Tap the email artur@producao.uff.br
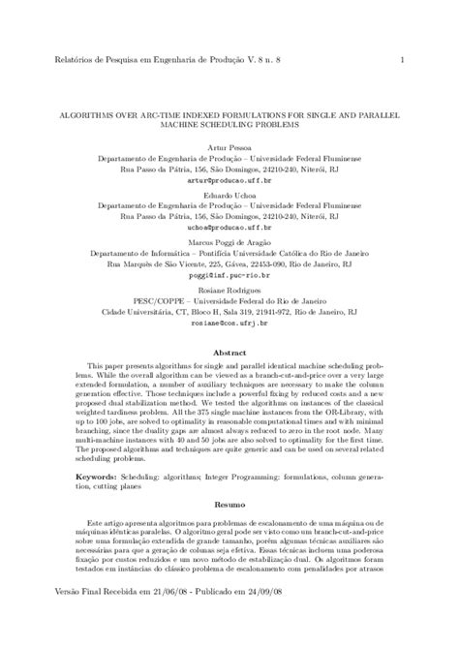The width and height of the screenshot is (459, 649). (x=229, y=180)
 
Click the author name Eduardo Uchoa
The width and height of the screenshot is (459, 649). (x=229, y=194)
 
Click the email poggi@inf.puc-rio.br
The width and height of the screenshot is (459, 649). (x=229, y=273)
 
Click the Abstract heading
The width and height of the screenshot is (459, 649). (x=229, y=355)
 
